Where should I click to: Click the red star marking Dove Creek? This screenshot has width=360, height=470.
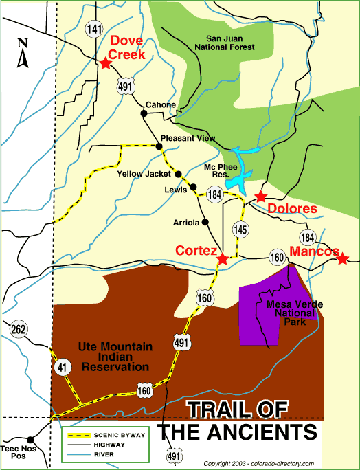105,63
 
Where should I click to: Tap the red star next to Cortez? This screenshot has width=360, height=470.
223,260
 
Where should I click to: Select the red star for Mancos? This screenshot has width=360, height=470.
343,258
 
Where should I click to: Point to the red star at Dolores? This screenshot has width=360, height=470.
260,197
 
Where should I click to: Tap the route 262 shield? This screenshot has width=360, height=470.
19,329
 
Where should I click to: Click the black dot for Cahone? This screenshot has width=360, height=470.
144,113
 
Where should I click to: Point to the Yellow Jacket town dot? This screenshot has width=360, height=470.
177,174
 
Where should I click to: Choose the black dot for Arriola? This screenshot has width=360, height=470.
205,222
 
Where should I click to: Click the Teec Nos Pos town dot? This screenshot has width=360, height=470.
30,440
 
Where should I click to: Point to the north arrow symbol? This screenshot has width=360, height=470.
23,54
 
